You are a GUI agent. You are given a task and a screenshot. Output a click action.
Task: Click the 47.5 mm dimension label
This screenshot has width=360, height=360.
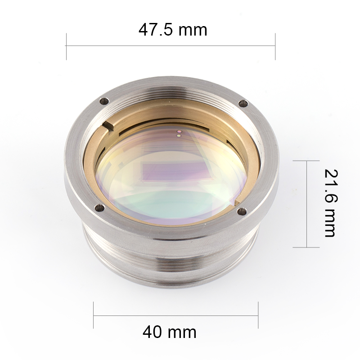coord(173,30)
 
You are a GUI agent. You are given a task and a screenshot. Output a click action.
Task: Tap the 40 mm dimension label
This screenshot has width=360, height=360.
coord(170,332)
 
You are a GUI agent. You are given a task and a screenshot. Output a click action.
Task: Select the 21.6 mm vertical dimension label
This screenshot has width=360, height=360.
coord(331,203)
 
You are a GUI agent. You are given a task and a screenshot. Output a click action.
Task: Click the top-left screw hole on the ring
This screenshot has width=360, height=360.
coord(104,101)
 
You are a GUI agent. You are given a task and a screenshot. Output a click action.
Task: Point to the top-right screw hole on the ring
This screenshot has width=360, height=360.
coord(243,103)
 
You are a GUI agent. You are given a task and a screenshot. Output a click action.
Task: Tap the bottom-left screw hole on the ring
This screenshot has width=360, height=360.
coord(100,208)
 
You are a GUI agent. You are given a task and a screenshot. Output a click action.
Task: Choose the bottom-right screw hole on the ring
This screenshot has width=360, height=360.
coord(242,211)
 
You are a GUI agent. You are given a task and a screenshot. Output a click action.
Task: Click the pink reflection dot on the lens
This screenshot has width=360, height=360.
coord(179,132)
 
